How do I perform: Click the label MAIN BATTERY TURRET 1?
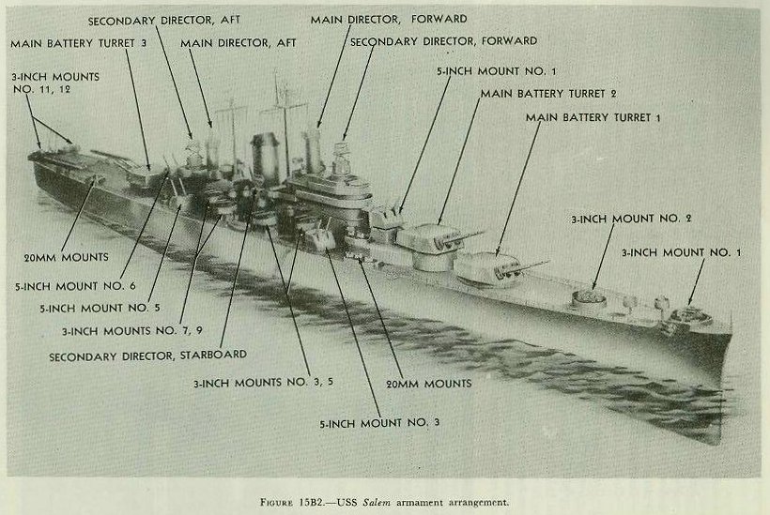593,117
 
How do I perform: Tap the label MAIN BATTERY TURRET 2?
548,94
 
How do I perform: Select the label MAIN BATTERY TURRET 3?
79,43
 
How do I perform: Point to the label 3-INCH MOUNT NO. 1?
681,252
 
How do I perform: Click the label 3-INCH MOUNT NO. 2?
631,219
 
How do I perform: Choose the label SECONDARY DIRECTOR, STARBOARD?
147,356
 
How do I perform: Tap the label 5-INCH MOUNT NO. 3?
379,423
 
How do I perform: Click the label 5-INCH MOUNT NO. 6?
75,286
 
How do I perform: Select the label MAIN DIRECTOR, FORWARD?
389,20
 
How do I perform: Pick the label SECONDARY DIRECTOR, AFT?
164,21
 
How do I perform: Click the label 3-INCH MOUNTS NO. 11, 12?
55,83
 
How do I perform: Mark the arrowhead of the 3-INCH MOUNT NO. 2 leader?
594,286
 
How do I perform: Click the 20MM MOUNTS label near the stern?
67,257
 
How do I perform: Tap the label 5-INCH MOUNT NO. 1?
497,71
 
